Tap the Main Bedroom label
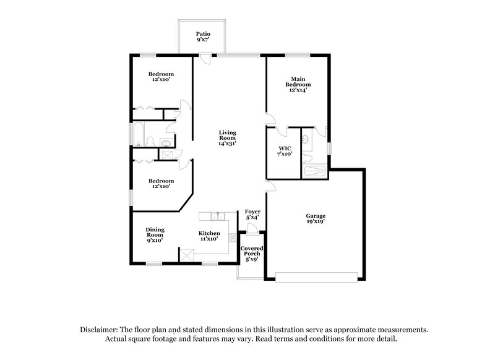click(x=297, y=84)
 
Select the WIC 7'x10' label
click(x=285, y=151)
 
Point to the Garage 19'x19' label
click(x=315, y=218)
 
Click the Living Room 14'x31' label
click(x=227, y=138)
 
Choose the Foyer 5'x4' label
click(x=252, y=215)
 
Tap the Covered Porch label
click(x=252, y=254)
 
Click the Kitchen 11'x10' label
click(x=209, y=236)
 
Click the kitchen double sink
click(x=217, y=217)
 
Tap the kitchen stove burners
click(x=233, y=238)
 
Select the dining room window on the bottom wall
click(x=154, y=264)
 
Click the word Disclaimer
click(x=98, y=330)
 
